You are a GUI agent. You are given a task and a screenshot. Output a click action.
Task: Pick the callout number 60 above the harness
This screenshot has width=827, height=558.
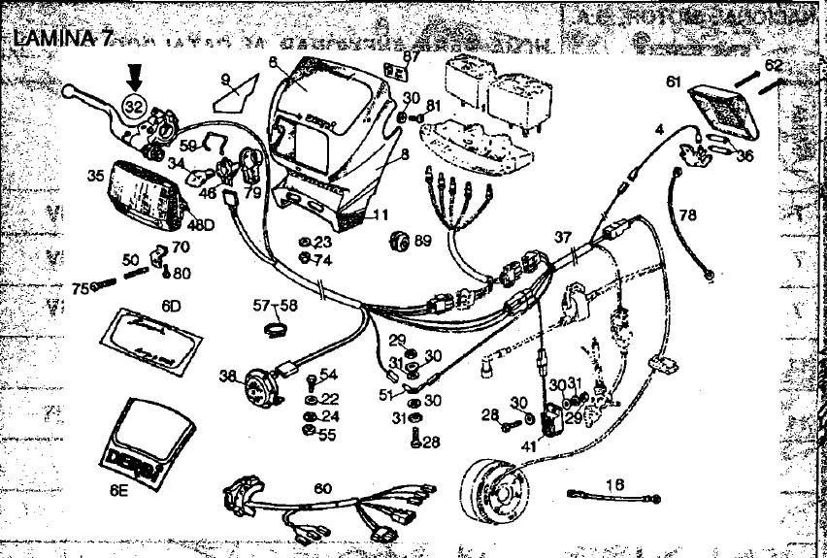click(x=321, y=488)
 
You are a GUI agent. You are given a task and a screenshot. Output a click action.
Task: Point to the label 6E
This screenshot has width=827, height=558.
click(x=118, y=491)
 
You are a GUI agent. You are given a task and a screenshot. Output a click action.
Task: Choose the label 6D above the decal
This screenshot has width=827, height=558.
click(x=172, y=306)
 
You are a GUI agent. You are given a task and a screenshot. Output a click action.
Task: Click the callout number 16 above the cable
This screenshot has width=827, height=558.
click(x=614, y=482)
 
